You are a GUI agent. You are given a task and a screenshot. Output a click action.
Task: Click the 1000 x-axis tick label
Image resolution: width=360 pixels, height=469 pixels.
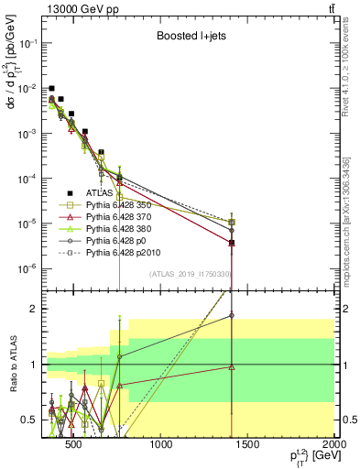coord(161,448)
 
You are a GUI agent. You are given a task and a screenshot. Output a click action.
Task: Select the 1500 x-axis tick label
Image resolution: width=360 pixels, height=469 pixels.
coord(247,448)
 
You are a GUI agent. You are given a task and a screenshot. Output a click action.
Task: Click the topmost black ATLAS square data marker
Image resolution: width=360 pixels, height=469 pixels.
coord(52,88)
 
